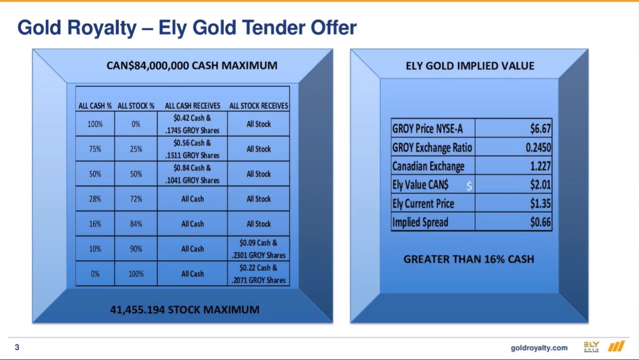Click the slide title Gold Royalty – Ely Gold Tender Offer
(x=187, y=28)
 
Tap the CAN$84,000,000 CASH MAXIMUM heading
(x=192, y=66)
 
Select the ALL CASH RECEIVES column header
(x=192, y=106)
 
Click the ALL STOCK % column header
(x=136, y=106)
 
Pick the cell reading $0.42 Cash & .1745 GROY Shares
(x=192, y=124)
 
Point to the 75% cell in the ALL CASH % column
(x=95, y=149)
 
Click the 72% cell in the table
(x=136, y=199)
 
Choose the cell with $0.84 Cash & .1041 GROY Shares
(x=192, y=174)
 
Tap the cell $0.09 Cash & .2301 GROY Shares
(x=259, y=249)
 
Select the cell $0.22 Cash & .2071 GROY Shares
(x=259, y=274)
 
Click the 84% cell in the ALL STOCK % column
(x=136, y=224)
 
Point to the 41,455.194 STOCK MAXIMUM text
(x=185, y=309)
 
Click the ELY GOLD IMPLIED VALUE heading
(x=470, y=66)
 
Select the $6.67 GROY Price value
(x=540, y=129)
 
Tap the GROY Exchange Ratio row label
(x=432, y=148)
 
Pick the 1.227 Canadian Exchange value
(x=540, y=166)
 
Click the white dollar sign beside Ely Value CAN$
(x=469, y=186)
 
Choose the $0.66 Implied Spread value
(x=540, y=222)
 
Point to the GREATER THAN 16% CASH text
(x=469, y=259)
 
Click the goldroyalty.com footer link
(x=539, y=348)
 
